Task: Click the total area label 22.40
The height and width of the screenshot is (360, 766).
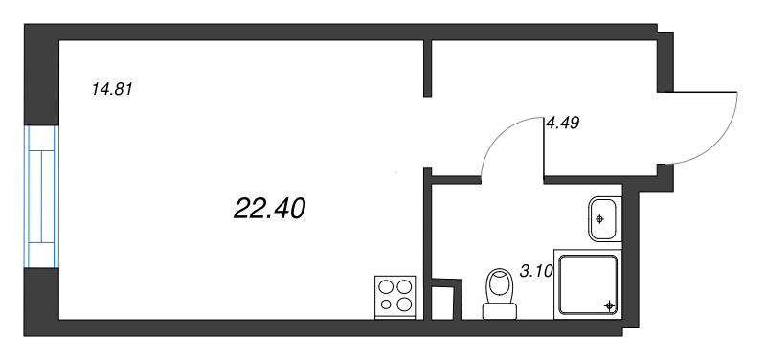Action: click(270, 209)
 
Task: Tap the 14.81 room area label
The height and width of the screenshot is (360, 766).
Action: click(112, 89)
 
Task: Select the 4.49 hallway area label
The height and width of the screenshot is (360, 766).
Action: click(562, 124)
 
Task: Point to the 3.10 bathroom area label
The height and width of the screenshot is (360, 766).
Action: click(536, 272)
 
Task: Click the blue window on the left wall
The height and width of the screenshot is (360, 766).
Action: click(41, 196)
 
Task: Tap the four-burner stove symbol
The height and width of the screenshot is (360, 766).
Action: click(394, 298)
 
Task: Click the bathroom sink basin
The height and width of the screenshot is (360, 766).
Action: click(605, 219)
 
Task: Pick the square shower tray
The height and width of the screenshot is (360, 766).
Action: click(588, 284)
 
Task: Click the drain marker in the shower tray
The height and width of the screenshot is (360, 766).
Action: click(609, 305)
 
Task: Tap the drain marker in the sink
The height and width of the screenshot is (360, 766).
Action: click(600, 219)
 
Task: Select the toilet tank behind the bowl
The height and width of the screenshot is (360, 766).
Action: click(500, 311)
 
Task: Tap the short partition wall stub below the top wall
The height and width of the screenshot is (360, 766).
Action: click(427, 68)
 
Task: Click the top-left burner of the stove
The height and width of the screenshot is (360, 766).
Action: click(387, 286)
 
